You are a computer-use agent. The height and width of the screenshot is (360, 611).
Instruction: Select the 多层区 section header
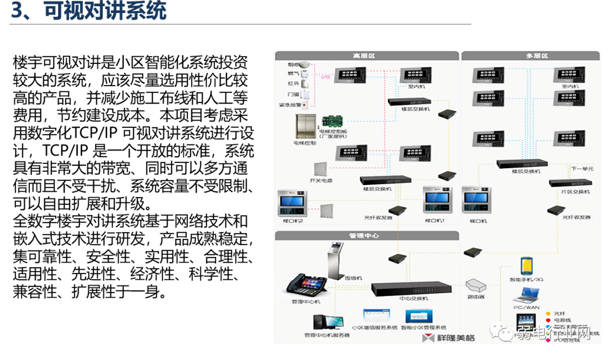click(537, 56)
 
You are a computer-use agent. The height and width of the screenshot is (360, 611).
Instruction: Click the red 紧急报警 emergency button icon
click(304, 105)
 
